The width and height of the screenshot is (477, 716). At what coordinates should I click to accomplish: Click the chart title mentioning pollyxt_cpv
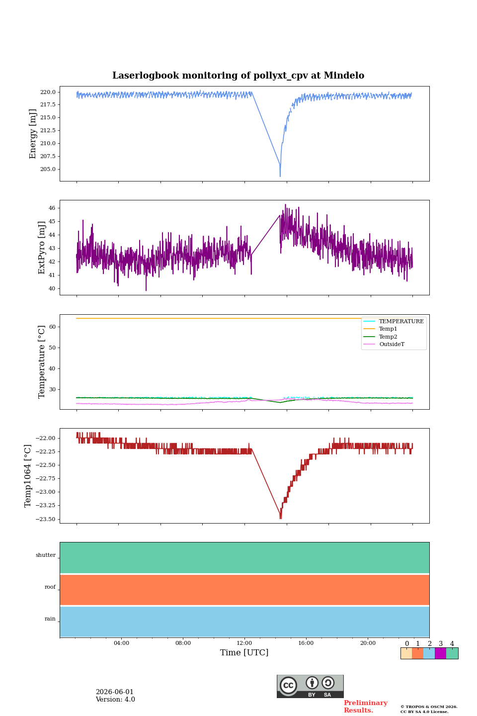(x=238, y=76)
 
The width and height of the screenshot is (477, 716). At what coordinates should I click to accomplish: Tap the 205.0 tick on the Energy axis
(x=48, y=169)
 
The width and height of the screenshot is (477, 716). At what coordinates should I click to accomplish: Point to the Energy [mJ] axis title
(x=33, y=134)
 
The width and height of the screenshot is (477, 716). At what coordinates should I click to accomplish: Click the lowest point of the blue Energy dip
(x=280, y=176)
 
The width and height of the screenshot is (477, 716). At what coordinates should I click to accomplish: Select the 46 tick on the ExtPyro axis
(x=52, y=208)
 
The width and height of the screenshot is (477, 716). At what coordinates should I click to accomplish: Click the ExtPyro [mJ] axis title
(x=42, y=248)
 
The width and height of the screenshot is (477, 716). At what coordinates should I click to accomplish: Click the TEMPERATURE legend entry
(x=394, y=321)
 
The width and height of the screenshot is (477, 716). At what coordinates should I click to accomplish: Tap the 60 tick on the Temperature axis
(x=52, y=327)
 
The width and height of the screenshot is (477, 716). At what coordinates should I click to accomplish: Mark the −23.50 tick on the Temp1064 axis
(x=45, y=519)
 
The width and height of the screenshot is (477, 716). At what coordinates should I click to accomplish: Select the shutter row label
(x=46, y=555)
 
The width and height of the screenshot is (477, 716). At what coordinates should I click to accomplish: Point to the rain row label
(x=50, y=619)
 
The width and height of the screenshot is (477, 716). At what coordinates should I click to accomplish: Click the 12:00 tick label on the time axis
(x=244, y=643)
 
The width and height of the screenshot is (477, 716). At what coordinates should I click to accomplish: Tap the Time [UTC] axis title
(x=244, y=652)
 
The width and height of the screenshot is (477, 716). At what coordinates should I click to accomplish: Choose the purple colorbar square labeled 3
(x=440, y=653)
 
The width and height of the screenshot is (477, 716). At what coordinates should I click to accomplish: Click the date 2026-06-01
(x=115, y=692)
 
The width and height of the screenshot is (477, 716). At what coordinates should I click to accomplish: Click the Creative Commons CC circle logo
(x=289, y=685)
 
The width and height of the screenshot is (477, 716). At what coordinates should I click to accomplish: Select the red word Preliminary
(x=366, y=703)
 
